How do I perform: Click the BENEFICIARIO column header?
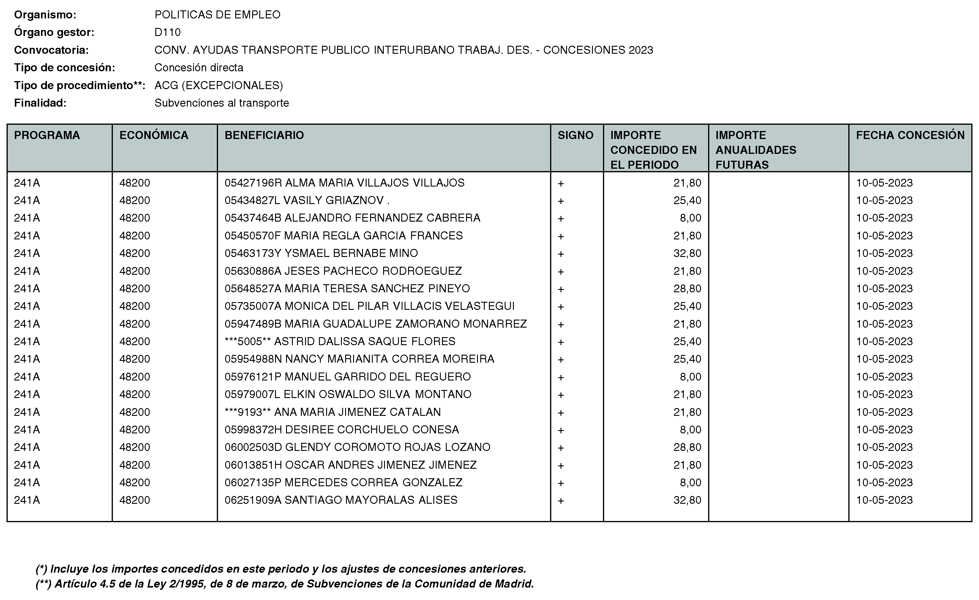tap(264, 135)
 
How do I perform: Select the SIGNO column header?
tap(575, 135)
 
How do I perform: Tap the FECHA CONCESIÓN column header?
tap(910, 135)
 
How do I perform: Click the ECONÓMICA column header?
tap(154, 135)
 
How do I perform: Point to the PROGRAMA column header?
tap(47, 135)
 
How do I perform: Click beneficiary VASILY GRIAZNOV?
tap(307, 200)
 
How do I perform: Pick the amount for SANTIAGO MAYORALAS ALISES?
tap(687, 500)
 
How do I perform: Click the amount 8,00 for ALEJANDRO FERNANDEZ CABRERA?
tap(691, 218)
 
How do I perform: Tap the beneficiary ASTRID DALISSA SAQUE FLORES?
tap(340, 341)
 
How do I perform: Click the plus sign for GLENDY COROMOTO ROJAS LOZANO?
tap(560, 448)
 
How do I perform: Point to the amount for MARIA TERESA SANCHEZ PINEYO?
tap(687, 288)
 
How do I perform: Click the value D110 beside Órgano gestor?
tap(167, 32)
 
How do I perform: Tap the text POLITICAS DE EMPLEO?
tap(217, 15)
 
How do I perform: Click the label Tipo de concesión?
tap(64, 67)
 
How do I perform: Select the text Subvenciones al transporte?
tap(222, 103)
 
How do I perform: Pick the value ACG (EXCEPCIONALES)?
tap(219, 86)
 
